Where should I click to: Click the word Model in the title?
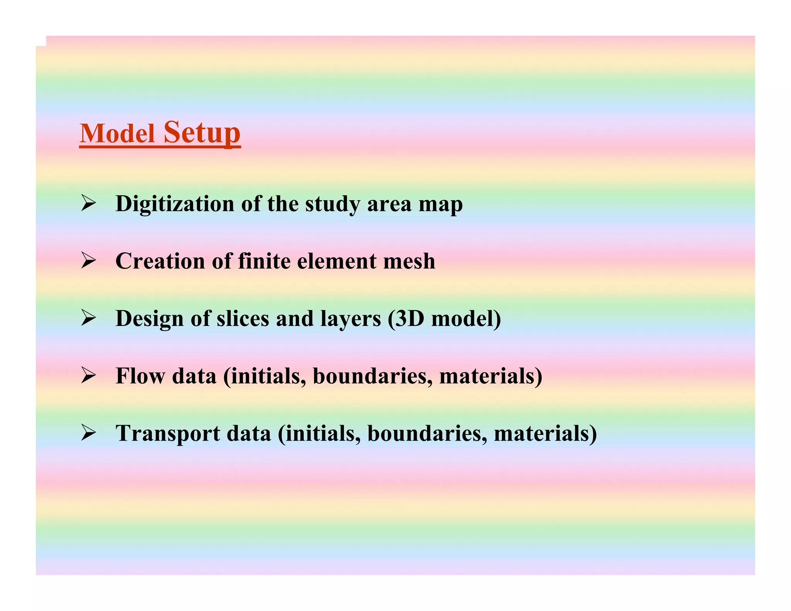[117, 134]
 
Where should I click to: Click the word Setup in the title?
[202, 132]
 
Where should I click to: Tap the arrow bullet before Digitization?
[88, 204]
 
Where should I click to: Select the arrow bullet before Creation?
[88, 261]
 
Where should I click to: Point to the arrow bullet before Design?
[88, 319]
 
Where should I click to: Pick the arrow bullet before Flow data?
[88, 376]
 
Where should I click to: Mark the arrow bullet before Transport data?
[88, 433]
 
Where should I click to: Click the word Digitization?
[175, 204]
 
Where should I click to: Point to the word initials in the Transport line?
[319, 433]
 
